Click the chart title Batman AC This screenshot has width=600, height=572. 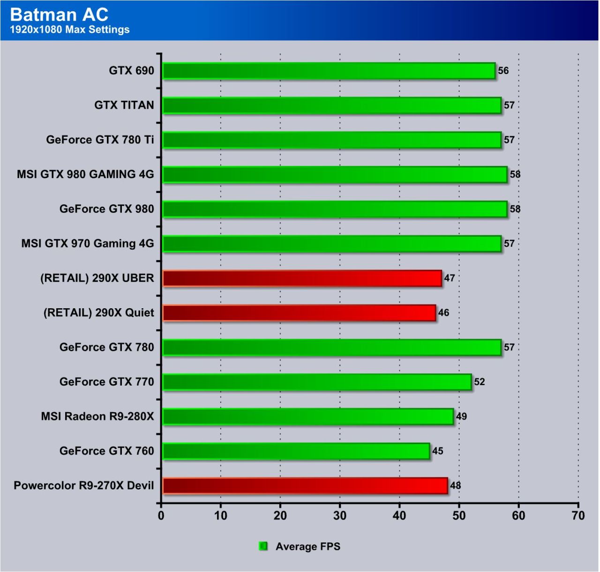pos(59,15)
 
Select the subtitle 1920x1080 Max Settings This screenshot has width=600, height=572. pos(69,30)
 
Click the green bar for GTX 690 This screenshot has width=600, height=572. pos(328,71)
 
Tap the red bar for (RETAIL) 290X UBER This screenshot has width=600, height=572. pos(302,278)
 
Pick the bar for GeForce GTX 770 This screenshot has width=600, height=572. pos(316,382)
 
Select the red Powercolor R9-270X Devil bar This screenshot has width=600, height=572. pos(305,486)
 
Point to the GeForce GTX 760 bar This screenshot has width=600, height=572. pos(296,451)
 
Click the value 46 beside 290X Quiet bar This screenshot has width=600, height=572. pos(443,312)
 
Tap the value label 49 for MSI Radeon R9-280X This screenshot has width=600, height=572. pos(461,416)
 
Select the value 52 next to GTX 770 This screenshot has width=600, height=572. pos(479,382)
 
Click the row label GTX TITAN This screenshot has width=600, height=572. pos(124,105)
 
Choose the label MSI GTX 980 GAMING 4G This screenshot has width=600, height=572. pos(85,174)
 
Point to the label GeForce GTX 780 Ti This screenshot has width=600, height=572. pos(100,140)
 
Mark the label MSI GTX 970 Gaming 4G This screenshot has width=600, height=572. pos(88,244)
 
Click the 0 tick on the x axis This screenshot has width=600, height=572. pos(161,516)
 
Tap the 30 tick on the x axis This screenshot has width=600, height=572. pos(340,516)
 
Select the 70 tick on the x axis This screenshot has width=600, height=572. pos(578,516)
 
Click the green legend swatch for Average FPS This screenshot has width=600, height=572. pos(263,546)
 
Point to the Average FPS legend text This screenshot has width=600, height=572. pos(308,547)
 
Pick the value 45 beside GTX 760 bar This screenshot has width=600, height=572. pos(437,451)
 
